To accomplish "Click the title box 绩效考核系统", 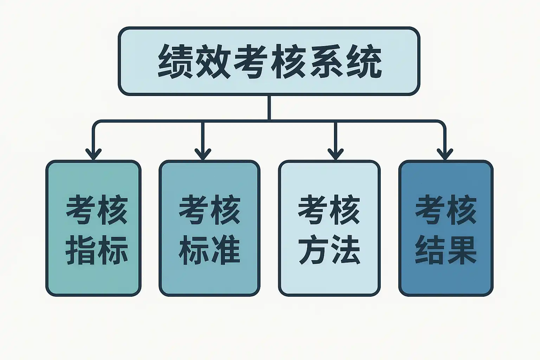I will (269, 60).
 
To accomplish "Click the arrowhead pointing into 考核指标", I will (93, 154).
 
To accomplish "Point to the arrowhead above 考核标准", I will (202, 154).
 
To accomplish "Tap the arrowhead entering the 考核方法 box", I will (335, 154).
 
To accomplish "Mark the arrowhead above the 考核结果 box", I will (445, 154).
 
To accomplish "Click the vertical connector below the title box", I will (269, 108).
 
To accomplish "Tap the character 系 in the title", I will (327, 61).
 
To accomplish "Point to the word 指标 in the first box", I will (97, 250).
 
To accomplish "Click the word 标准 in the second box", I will (210, 250).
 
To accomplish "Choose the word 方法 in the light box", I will (329, 250).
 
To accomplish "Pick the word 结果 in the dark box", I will (446, 250).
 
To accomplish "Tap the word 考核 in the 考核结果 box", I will (446, 210).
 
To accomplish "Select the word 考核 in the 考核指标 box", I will (97, 210).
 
